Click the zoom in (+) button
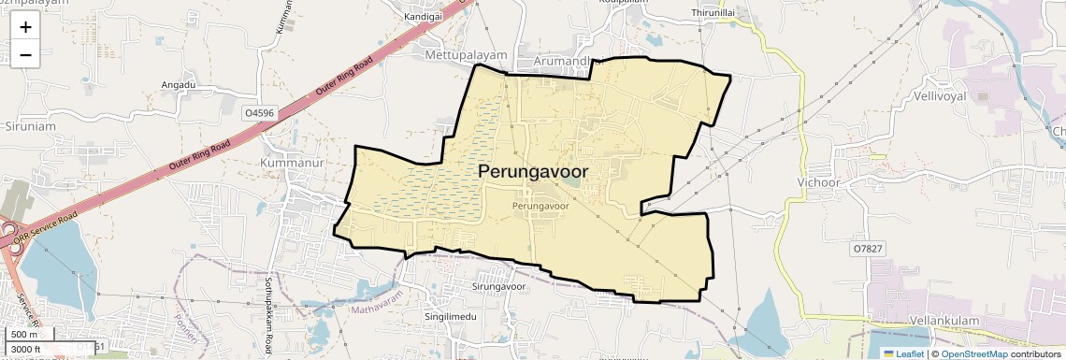(x=25, y=27)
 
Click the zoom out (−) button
(x=25, y=54)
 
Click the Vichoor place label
(x=822, y=182)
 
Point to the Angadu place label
(x=178, y=84)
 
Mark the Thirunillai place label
(x=713, y=12)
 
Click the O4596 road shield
(x=259, y=113)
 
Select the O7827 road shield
(x=868, y=249)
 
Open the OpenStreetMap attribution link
(x=974, y=353)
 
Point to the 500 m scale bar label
(x=24, y=335)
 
